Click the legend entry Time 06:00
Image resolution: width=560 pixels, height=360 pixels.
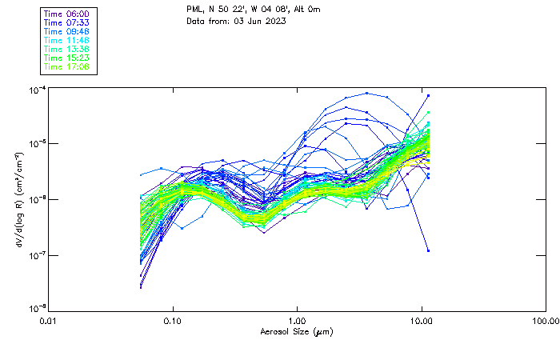coord(66,14)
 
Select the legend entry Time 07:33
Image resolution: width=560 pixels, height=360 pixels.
coord(66,23)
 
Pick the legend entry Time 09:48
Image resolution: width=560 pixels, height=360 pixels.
coord(66,32)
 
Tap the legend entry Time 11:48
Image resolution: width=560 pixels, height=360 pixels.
coord(66,41)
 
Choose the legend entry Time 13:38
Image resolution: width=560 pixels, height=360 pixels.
coord(66,50)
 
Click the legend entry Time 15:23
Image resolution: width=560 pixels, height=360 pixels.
coord(66,58)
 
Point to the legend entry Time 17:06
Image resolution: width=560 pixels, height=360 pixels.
coord(66,67)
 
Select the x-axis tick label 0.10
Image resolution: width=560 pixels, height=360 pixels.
coord(172,321)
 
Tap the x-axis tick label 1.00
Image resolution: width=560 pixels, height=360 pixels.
coord(297,321)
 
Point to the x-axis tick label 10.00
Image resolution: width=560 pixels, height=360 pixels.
coord(422,321)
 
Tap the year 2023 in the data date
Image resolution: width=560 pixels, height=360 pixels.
coord(274,21)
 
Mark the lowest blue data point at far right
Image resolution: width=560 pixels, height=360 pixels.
coord(428,250)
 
